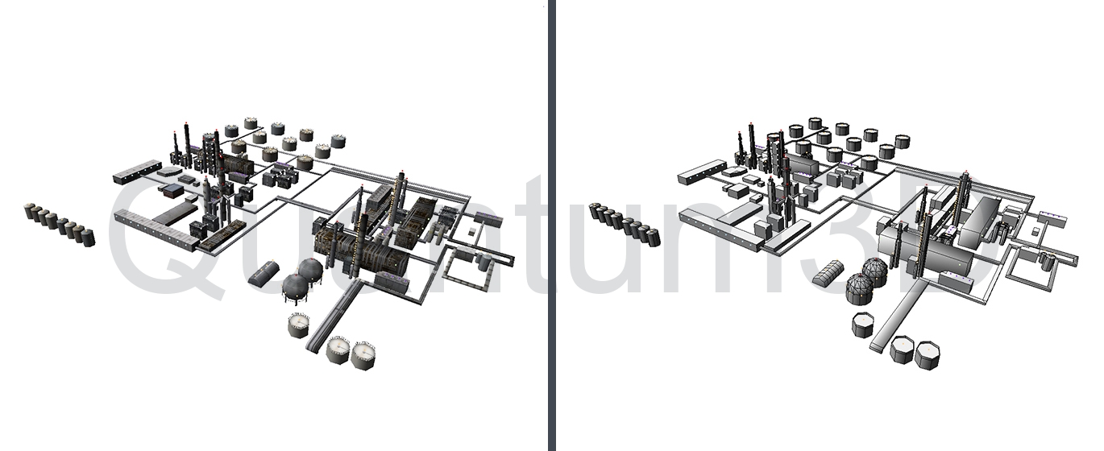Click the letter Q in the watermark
pyautogui.click(x=163, y=242)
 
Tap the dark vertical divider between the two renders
pyautogui.click(x=552, y=225)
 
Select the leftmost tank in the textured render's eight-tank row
pyautogui.click(x=30, y=211)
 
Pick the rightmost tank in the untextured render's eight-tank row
pyautogui.click(x=654, y=237)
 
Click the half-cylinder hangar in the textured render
pyautogui.click(x=264, y=273)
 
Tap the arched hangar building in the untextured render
pyautogui.click(x=830, y=271)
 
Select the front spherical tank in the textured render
pyautogui.click(x=295, y=289)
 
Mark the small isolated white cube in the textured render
pyautogui.click(x=472, y=231)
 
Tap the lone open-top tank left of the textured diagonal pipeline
pyautogui.click(x=299, y=325)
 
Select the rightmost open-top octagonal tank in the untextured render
pyautogui.click(x=927, y=355)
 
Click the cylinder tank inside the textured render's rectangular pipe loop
pyautogui.click(x=484, y=262)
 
